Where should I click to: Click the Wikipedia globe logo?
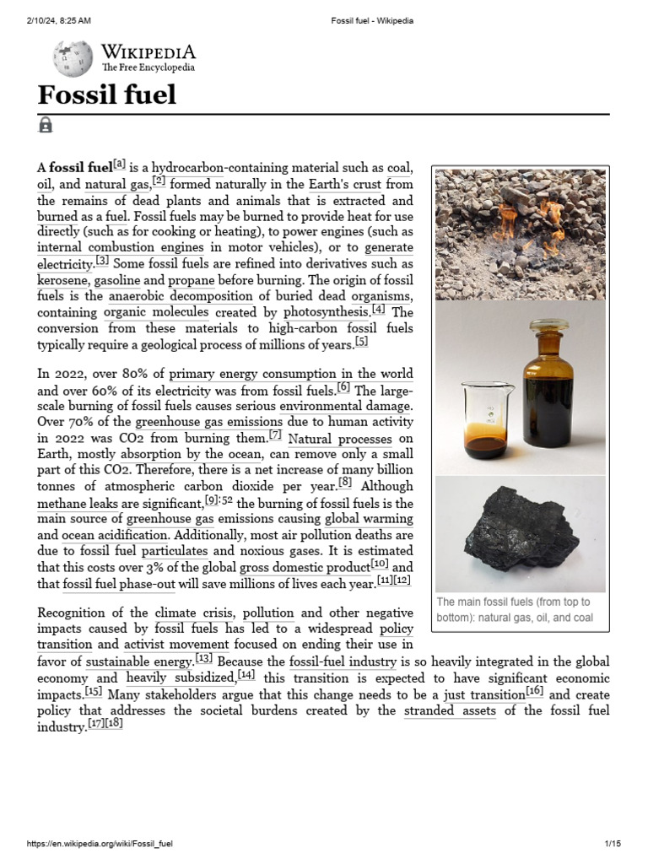pyautogui.click(x=73, y=58)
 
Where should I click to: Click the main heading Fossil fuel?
pyautogui.click(x=106, y=94)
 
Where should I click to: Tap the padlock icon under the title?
pyautogui.click(x=46, y=125)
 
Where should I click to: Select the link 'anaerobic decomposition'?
pyautogui.click(x=181, y=296)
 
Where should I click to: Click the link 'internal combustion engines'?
pyautogui.click(x=121, y=248)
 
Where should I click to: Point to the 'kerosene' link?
pyautogui.click(x=62, y=280)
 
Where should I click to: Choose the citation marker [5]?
pyautogui.click(x=361, y=342)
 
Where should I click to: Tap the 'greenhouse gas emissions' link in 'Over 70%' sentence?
pyautogui.click(x=208, y=422)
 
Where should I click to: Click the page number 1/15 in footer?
pyautogui.click(x=613, y=844)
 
